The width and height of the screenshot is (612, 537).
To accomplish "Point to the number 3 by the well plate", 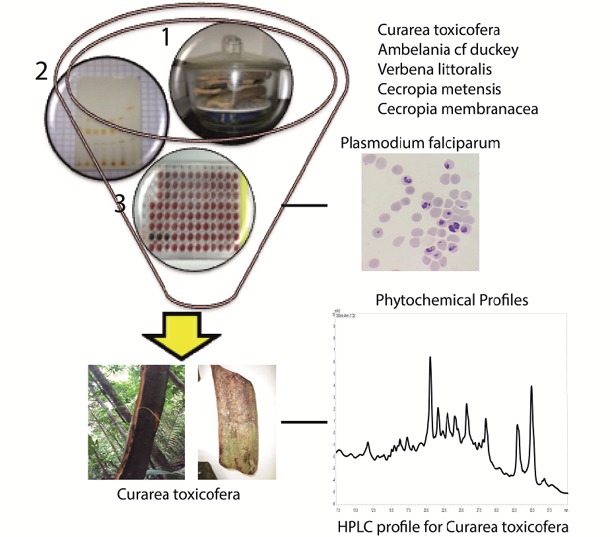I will (120, 205).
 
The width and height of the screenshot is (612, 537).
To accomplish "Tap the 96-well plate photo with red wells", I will (192, 211).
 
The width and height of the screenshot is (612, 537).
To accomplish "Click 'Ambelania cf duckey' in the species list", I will (439, 49).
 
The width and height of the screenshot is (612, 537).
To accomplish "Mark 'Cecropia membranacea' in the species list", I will (458, 108).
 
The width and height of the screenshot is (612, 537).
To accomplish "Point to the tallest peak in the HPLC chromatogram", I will (430, 359).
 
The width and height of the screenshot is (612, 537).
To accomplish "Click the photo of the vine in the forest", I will (137, 422).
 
